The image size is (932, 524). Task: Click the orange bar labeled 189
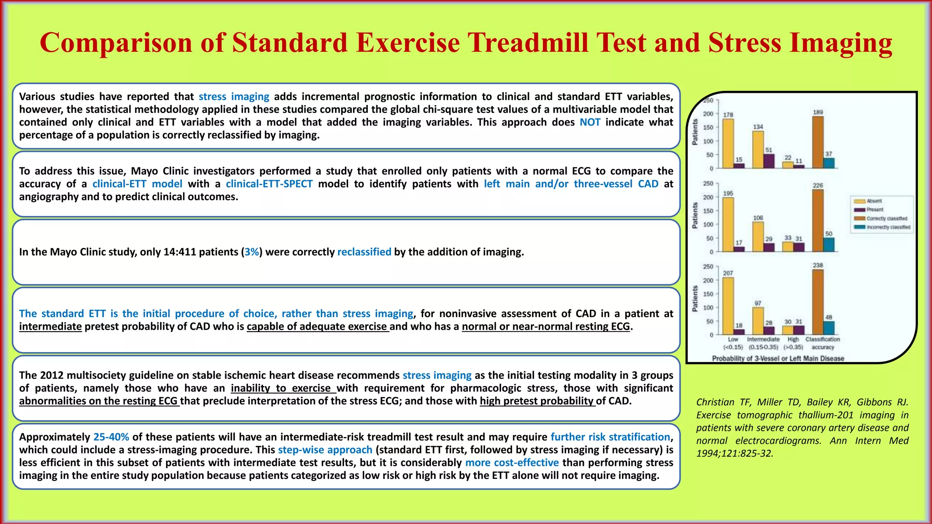click(818, 142)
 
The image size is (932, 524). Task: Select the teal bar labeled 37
click(829, 163)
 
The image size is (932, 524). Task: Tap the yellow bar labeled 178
click(728, 143)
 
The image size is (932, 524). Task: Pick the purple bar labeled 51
click(769, 161)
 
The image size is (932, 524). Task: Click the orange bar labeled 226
click(818, 220)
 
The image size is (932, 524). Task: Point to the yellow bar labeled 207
click(728, 306)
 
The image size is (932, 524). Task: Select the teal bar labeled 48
click(829, 327)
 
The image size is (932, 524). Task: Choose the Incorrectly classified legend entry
click(883, 227)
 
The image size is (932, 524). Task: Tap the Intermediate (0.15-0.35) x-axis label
click(763, 343)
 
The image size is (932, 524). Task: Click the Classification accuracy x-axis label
click(823, 343)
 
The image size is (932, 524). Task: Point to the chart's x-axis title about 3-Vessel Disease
click(778, 358)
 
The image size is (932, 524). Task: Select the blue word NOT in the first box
click(590, 122)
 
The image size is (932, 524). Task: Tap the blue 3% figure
click(252, 252)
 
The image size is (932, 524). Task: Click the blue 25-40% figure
click(111, 437)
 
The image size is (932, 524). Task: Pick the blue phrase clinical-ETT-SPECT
click(269, 184)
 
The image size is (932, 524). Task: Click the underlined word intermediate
click(51, 327)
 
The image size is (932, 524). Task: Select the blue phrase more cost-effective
click(512, 463)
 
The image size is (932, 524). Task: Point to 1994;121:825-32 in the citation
click(734, 453)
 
